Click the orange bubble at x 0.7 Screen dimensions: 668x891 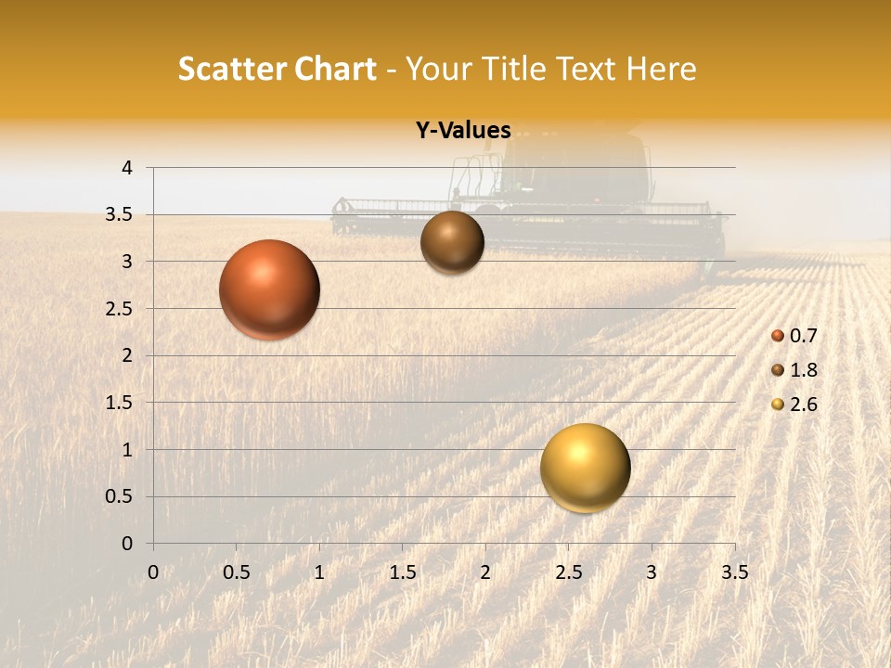coord(269,289)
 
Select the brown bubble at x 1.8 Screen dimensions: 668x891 coord(452,242)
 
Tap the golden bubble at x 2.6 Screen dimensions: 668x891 coord(585,469)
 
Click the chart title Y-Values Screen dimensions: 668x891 coord(463,131)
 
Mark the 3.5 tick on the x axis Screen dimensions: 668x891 coord(734,572)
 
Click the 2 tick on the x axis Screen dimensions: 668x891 coord(485,572)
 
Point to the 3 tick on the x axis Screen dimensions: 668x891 coord(652,572)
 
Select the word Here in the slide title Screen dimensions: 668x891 coord(662,69)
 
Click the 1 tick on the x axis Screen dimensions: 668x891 coord(319,572)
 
